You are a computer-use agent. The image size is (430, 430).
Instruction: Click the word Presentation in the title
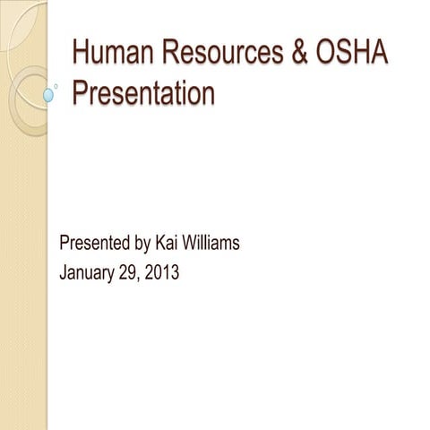pyautogui.click(x=143, y=93)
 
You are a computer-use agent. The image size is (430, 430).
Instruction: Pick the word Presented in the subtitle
pyautogui.click(x=93, y=243)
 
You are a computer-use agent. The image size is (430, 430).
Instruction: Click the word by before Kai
pyautogui.click(x=141, y=244)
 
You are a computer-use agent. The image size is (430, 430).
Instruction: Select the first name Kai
pyautogui.click(x=167, y=243)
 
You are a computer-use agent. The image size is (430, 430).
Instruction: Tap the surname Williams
pyautogui.click(x=211, y=243)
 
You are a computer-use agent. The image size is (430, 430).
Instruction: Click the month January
pyautogui.click(x=86, y=272)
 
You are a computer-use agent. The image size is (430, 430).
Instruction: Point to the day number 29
pyautogui.click(x=129, y=272)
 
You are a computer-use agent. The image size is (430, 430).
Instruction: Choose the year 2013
pyautogui.click(x=162, y=272)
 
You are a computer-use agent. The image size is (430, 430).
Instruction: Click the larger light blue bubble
pyautogui.click(x=49, y=94)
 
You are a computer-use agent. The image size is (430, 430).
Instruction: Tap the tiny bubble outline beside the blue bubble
pyautogui.click(x=56, y=87)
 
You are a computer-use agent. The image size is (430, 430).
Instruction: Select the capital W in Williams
pyautogui.click(x=190, y=243)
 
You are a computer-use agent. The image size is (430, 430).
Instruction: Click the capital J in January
pyautogui.click(x=63, y=272)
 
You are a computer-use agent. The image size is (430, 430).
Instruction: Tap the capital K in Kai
pyautogui.click(x=159, y=243)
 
